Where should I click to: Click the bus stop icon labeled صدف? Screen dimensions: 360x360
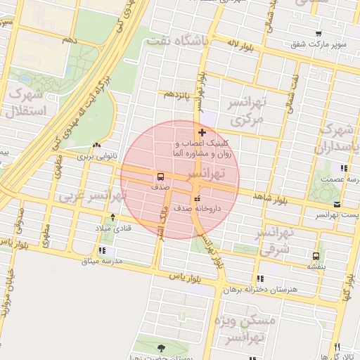161,176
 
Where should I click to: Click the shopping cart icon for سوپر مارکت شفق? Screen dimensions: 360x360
319,33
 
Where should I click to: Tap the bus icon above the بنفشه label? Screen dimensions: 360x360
316,256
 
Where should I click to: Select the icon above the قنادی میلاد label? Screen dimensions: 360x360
114,218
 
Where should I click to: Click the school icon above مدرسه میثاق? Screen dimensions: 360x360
103,250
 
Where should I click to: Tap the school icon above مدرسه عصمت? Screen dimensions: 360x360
343,168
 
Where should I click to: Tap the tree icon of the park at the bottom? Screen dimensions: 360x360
162,347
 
